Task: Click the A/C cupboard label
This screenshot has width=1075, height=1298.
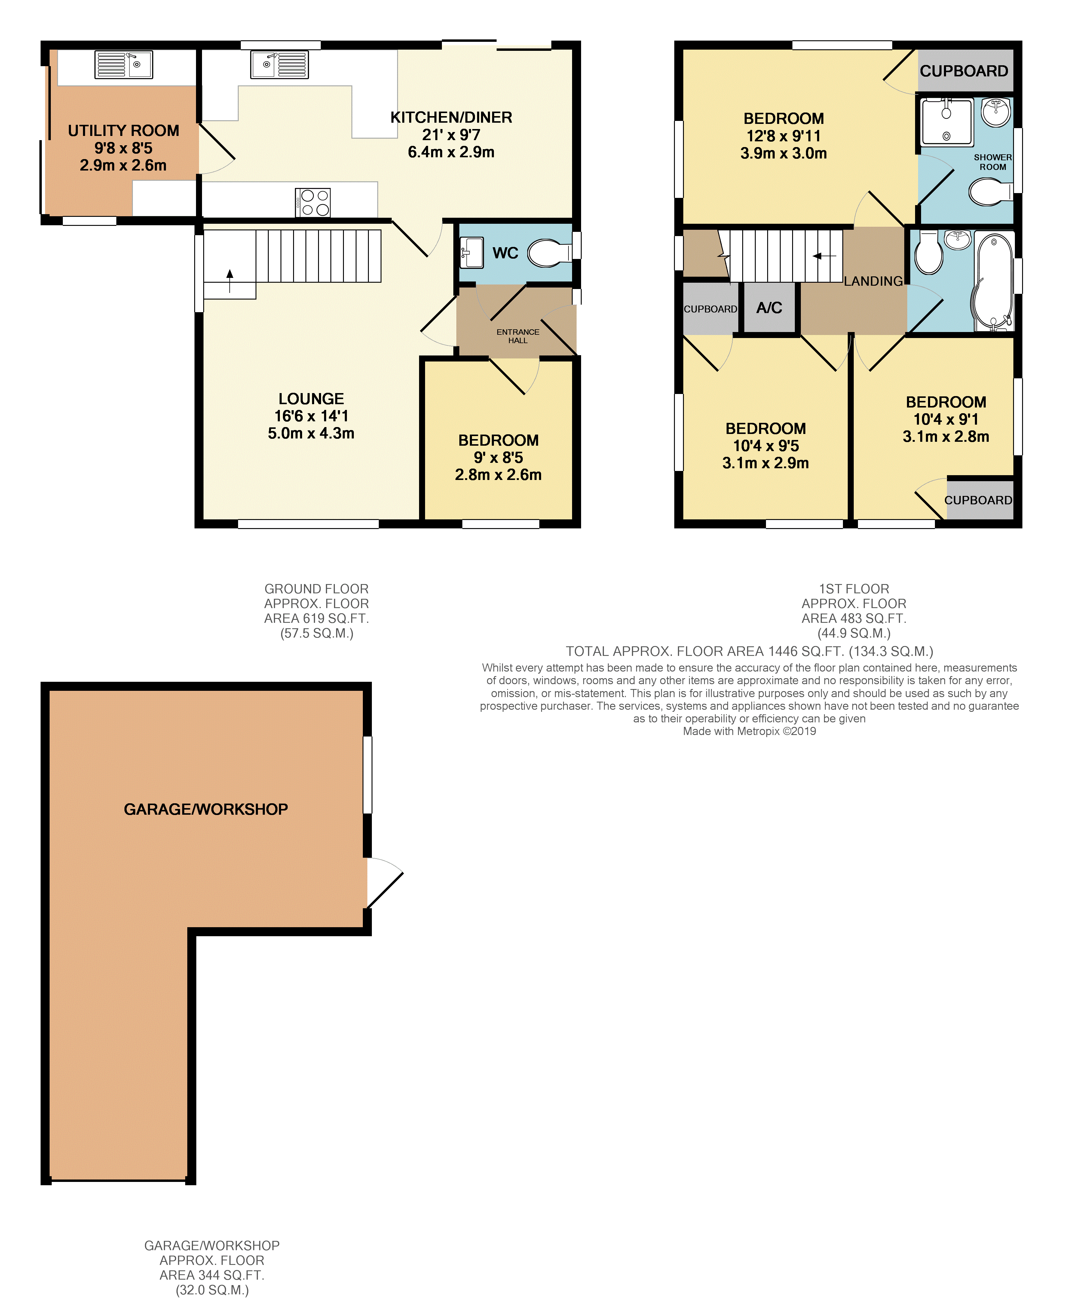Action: (x=769, y=308)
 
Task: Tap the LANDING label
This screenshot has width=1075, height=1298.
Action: (x=873, y=281)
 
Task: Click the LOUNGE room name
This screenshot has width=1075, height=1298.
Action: (x=311, y=399)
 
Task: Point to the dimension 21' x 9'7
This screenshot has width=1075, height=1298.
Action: (x=451, y=135)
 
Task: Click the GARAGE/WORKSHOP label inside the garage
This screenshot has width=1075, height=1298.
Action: (x=206, y=809)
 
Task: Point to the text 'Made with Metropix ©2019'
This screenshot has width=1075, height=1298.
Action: (x=749, y=731)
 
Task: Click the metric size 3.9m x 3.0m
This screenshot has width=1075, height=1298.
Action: (x=783, y=153)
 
